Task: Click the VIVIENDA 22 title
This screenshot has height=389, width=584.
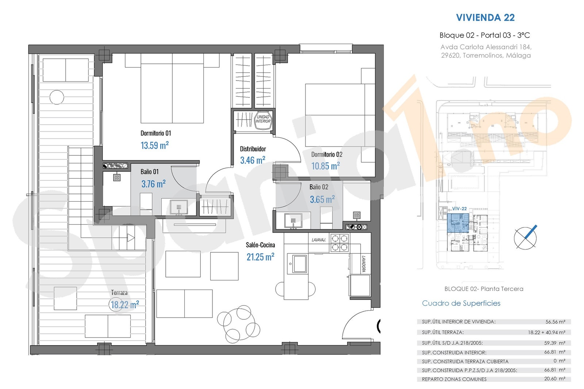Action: coord(485,17)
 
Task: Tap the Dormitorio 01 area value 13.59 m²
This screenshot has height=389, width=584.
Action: coord(155,145)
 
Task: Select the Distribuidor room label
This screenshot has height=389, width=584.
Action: coord(253,149)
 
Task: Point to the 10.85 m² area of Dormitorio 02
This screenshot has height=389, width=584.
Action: coord(326,166)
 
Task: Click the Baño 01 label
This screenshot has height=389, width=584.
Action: coord(149,172)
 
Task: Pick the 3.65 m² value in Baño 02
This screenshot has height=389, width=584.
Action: coord(322,199)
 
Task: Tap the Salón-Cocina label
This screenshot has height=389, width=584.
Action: coord(261,245)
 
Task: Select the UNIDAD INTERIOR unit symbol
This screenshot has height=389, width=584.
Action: coord(263,120)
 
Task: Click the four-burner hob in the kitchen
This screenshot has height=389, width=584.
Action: coord(340,243)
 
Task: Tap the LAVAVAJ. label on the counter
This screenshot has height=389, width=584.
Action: coord(319,240)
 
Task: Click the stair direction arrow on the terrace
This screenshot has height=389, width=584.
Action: coord(131,238)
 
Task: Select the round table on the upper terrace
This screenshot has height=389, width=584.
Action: coord(57,97)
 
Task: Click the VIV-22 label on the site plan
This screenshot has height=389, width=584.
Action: coord(460,209)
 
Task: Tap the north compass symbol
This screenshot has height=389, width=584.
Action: coord(525,238)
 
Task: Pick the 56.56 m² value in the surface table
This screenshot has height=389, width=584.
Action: coord(555,322)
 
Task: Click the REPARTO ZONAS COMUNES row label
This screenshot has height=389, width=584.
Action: coord(454,379)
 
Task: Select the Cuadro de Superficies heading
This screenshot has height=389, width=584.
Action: coord(461,303)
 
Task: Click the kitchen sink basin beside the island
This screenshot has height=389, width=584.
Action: coord(299,264)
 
